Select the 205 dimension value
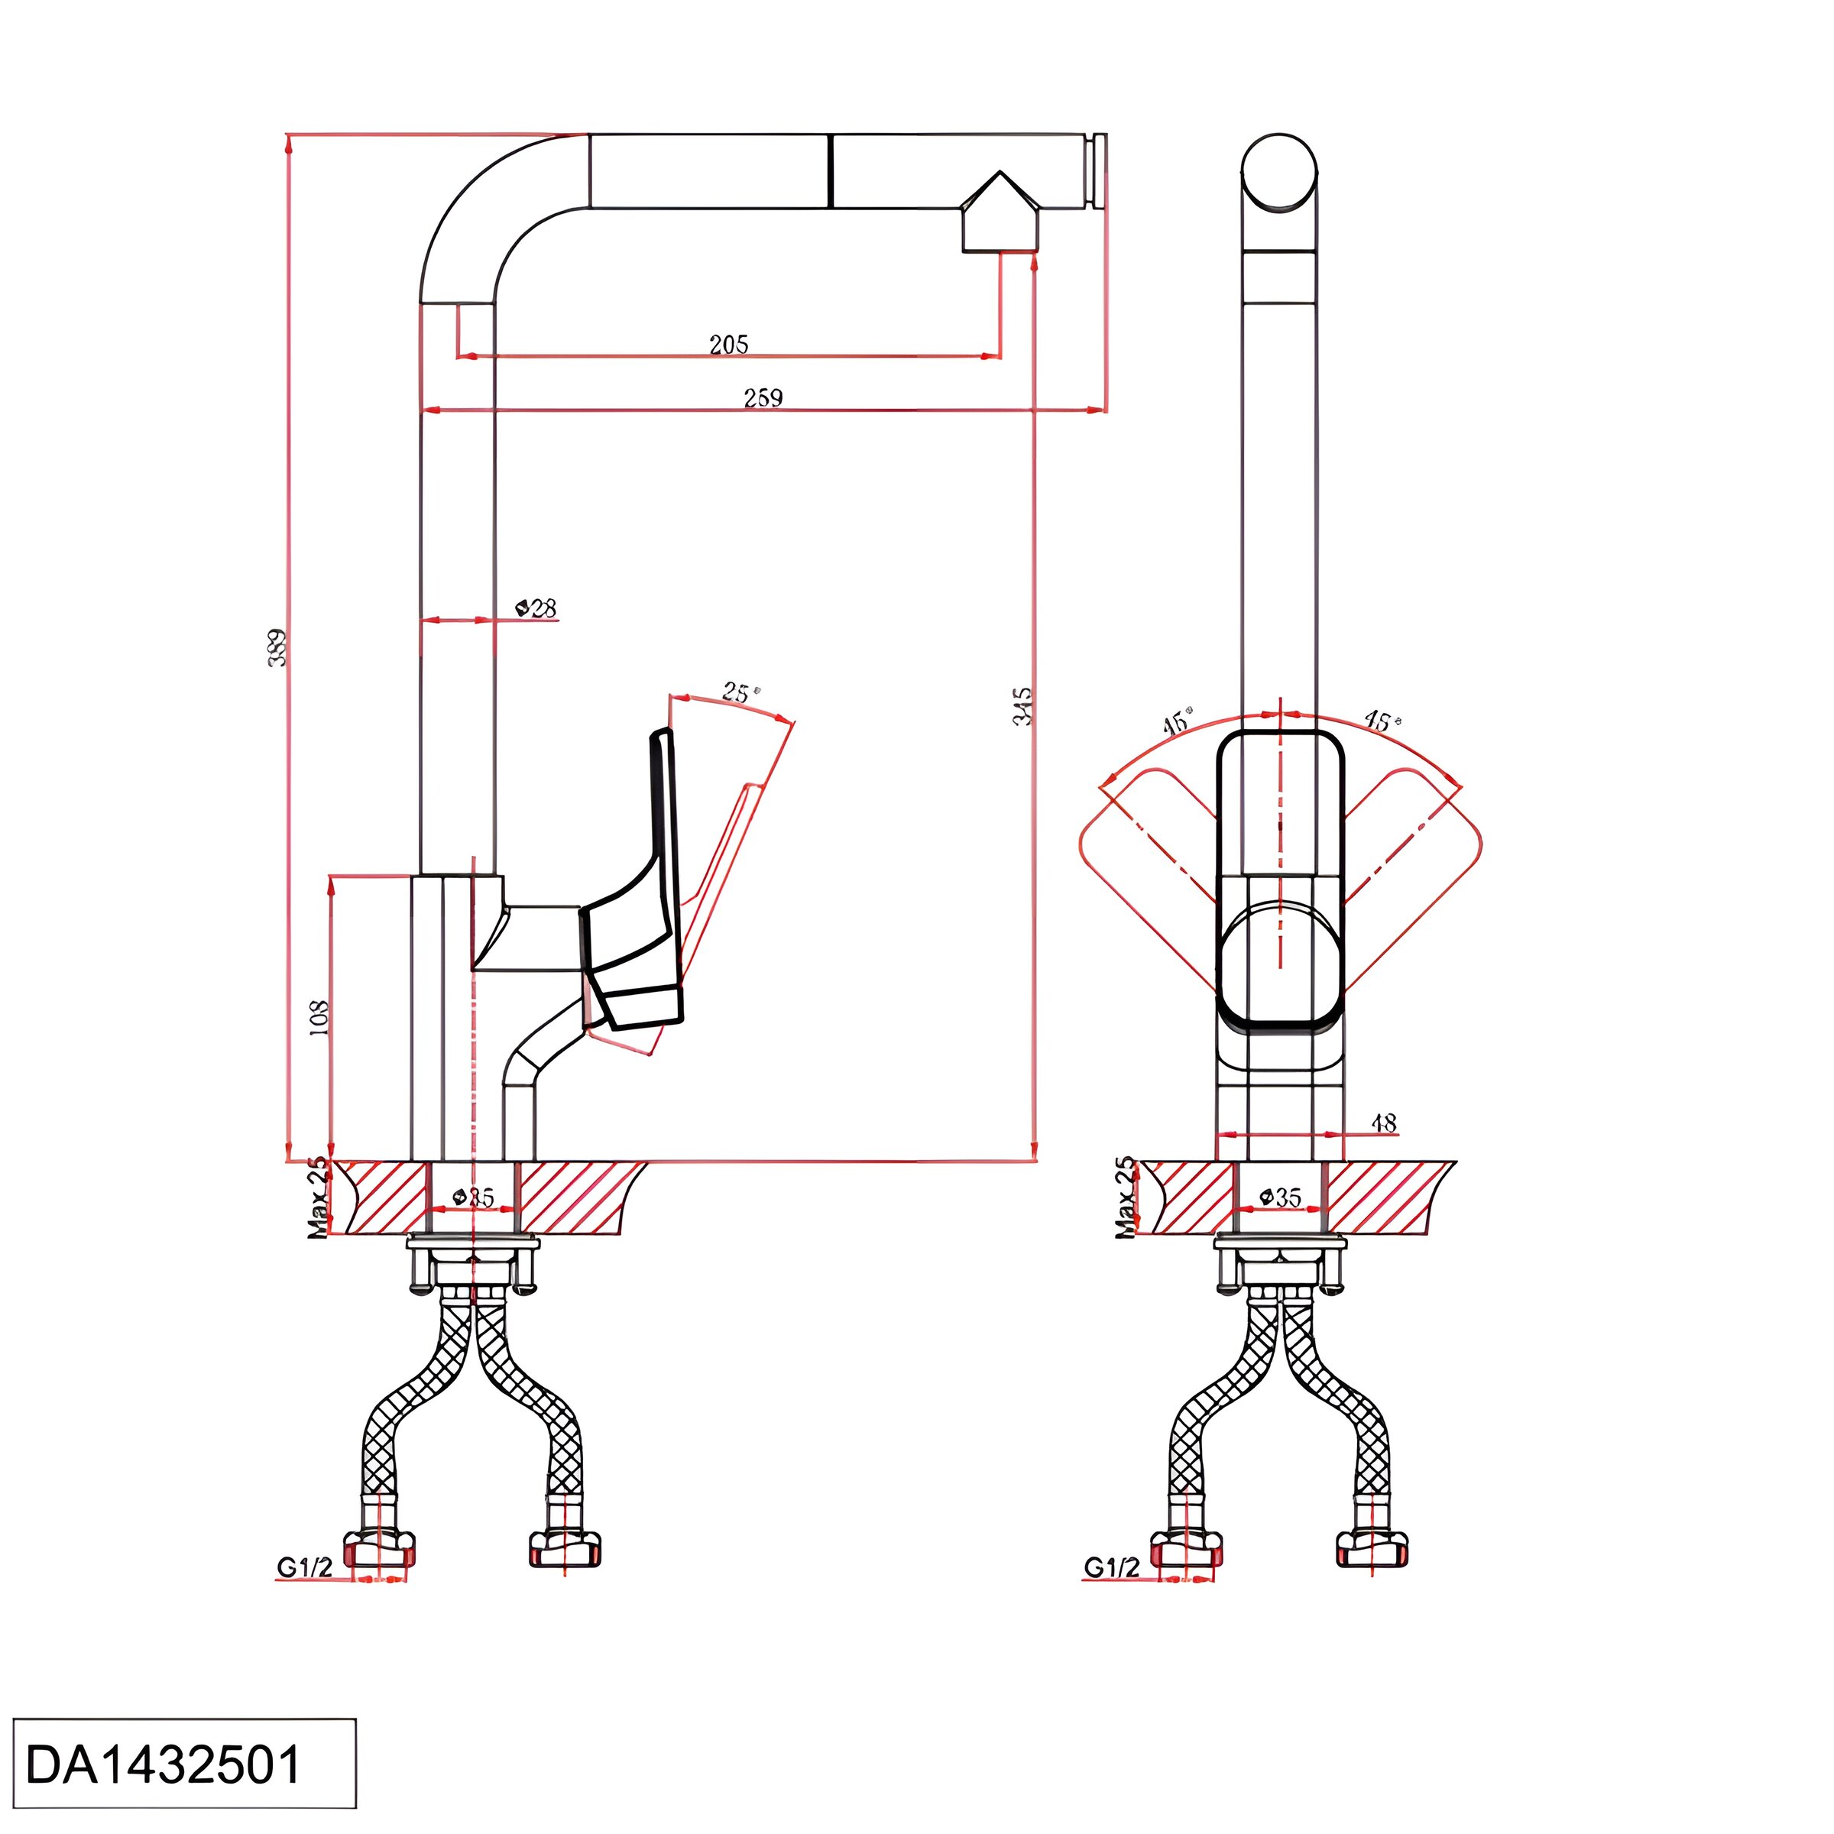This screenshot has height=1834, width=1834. coord(728,344)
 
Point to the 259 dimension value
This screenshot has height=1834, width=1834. coord(763,397)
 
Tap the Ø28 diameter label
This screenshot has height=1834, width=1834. coord(536,608)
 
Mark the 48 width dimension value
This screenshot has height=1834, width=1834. coord(1384,1123)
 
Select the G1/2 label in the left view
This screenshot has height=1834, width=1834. coord(304,1567)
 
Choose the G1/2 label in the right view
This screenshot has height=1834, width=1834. coord(1110,1567)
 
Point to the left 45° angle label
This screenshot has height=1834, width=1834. coord(1176,724)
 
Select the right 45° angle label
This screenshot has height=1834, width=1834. coord(1381,721)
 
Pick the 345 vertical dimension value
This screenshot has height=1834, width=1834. coord(1022,706)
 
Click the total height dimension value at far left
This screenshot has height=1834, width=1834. coord(276,646)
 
